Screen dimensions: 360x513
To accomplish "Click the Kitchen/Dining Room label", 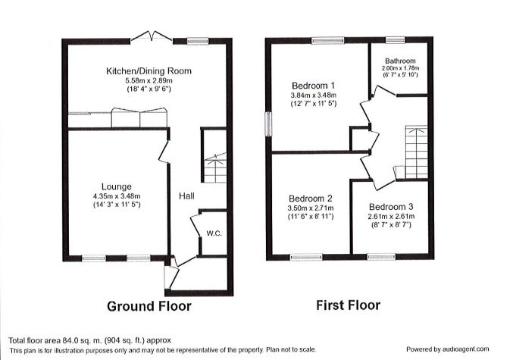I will pos(149,71).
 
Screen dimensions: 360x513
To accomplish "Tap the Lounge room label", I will pos(117,186).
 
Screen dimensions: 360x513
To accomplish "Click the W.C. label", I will pos(213,233).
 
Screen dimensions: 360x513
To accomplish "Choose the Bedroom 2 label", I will pos(307,198).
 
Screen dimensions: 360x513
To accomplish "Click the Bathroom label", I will pos(400,61).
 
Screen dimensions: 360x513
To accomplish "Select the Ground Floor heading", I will pos(149,307).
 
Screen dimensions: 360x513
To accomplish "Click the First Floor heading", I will pos(348,306).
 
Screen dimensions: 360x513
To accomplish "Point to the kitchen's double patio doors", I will pos(149,36).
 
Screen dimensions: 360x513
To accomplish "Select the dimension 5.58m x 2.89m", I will pos(149,81).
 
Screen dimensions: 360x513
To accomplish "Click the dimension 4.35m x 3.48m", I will pos(117,196).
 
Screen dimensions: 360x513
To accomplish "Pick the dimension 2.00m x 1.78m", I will pos(400,68).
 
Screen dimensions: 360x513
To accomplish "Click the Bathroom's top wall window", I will pos(393,39).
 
